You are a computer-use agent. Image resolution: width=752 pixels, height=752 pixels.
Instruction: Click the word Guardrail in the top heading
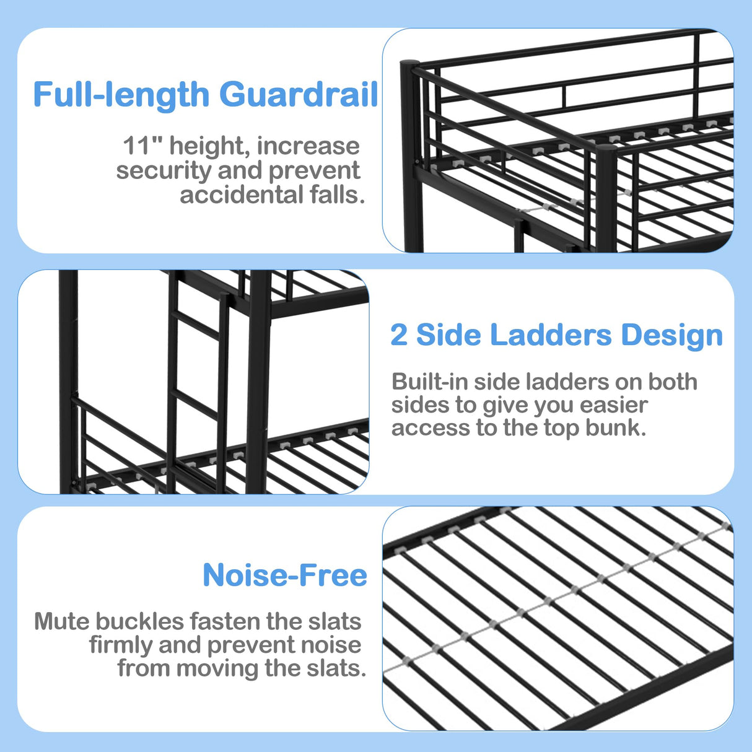[x=299, y=95]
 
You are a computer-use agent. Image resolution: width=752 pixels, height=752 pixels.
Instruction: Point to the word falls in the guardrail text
[x=337, y=195]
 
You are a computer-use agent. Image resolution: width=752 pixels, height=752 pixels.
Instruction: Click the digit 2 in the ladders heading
[x=399, y=335]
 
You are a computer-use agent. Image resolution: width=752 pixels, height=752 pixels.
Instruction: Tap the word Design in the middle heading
[x=672, y=335]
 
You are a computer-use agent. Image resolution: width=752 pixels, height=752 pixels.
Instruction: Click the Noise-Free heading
[x=285, y=575]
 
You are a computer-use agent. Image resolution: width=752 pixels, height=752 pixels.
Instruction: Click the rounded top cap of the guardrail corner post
[x=410, y=64]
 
